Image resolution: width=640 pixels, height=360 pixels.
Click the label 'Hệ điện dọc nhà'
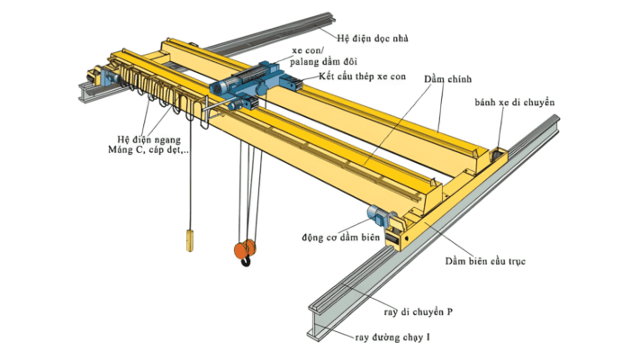pos(380,40)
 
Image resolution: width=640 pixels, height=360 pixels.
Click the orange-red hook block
pos(245,248)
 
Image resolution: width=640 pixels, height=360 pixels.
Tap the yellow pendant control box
pos(190,239)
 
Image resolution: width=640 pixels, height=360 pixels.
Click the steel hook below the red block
pos(246,263)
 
